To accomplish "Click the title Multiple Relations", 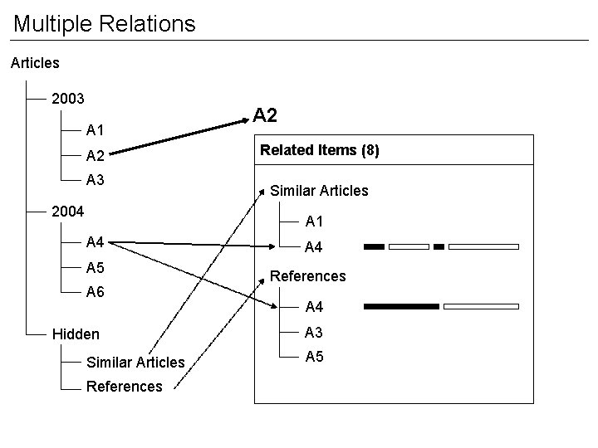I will point(105,23).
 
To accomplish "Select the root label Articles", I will point(35,62).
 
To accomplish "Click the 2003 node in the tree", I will point(68,99).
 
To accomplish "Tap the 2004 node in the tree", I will point(68,211).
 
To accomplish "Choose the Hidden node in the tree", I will point(76,334).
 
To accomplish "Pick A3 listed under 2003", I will point(95,180).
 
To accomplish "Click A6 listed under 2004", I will point(95,292).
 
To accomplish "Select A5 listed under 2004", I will point(95,268).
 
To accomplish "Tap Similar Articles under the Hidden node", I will point(135,363).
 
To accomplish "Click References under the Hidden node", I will point(125,387).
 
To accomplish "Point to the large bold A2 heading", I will point(265,115).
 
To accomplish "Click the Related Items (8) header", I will point(320,150).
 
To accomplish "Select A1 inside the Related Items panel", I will point(314,222).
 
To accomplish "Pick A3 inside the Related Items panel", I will point(314,333).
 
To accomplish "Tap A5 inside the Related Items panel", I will point(314,357).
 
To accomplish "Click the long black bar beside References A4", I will point(401,306).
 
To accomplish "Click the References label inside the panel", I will point(308,276).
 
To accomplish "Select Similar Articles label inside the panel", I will point(319,191).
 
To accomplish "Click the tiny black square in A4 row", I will point(439,246).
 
